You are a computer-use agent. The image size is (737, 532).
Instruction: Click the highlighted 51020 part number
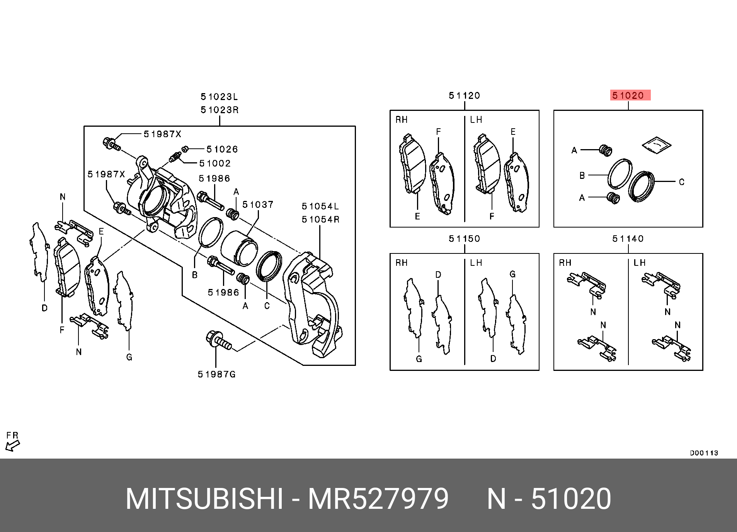point(630,95)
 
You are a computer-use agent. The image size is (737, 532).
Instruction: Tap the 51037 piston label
point(258,204)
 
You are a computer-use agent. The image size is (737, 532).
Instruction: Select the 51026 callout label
point(222,149)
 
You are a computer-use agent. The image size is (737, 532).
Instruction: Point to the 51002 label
point(215,163)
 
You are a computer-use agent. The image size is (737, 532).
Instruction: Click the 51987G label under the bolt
point(216,374)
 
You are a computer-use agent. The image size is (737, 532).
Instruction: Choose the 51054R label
point(320,219)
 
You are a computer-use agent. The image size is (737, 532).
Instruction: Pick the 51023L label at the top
point(220,96)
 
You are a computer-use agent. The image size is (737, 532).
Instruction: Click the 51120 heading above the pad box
point(464,95)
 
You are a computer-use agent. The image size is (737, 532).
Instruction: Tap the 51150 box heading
point(464,239)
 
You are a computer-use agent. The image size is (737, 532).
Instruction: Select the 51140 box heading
point(628,239)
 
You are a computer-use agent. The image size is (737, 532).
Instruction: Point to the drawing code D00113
point(704,453)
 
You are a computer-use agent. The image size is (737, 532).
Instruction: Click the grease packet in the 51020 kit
point(657,146)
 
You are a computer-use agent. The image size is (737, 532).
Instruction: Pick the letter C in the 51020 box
point(682,182)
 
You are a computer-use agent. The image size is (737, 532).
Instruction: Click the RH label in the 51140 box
point(565,263)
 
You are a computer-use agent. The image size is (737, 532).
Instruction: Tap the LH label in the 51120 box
point(476,120)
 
